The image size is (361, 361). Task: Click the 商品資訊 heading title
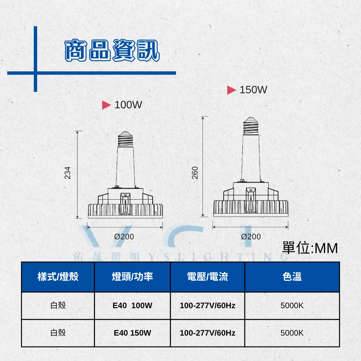click(x=112, y=50)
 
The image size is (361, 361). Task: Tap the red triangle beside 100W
click(x=106, y=105)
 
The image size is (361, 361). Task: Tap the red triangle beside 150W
click(x=231, y=90)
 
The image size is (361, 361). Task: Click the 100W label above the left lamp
click(x=128, y=105)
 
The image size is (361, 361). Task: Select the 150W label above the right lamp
click(x=253, y=90)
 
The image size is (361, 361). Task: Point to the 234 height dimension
click(x=67, y=173)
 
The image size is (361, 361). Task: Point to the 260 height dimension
click(x=195, y=173)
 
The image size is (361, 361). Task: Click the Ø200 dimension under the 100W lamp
click(x=124, y=237)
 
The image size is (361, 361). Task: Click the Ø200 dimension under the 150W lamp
click(x=251, y=237)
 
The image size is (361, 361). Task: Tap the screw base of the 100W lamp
click(x=125, y=139)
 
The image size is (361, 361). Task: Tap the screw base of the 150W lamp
click(x=251, y=126)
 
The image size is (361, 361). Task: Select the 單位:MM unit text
click(x=310, y=248)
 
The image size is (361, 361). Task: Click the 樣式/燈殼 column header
click(x=58, y=276)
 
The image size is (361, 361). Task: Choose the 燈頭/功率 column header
click(x=132, y=276)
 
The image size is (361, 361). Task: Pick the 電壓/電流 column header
click(x=208, y=276)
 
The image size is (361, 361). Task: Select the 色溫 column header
click(x=292, y=276)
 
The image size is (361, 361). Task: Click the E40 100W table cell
click(x=132, y=306)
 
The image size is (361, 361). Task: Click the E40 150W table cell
click(x=132, y=333)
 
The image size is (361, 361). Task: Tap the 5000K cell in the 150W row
click(x=292, y=333)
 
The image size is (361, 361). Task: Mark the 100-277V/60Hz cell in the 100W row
click(x=208, y=306)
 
